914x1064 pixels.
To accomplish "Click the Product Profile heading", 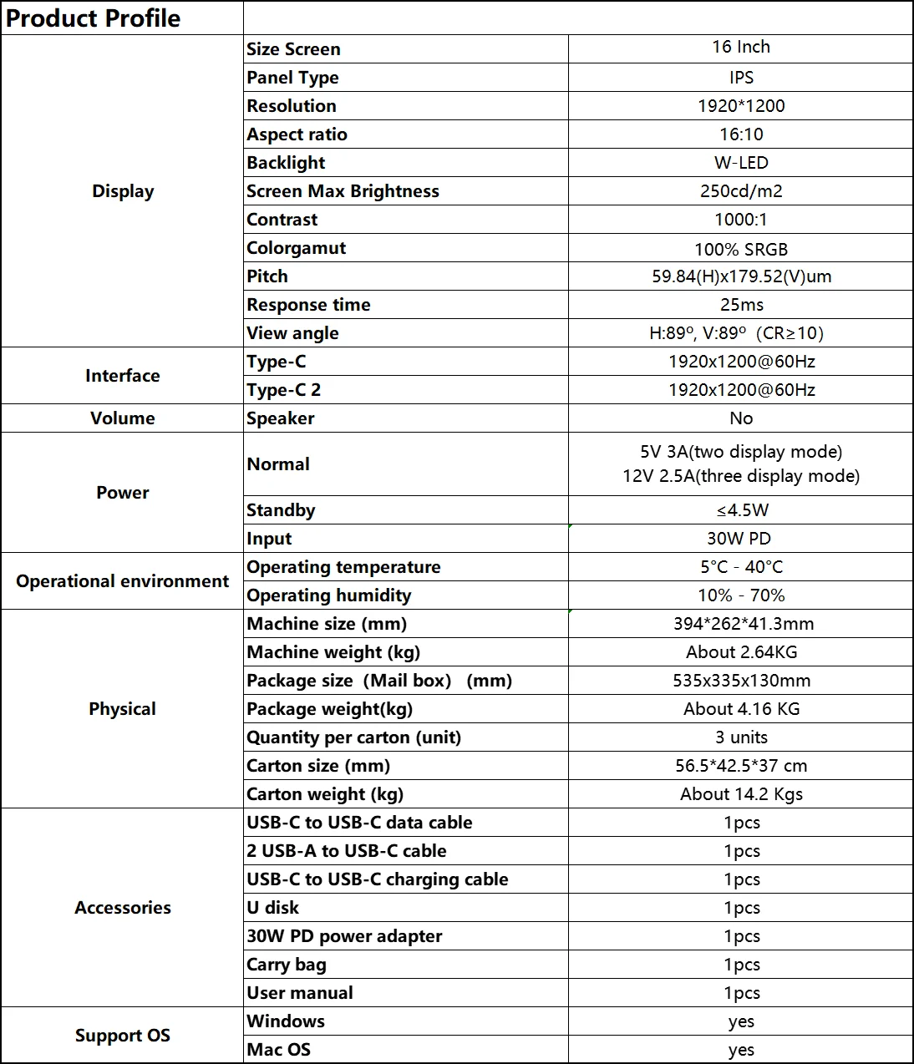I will pos(93,18).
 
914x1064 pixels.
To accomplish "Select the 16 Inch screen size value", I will pos(741,48).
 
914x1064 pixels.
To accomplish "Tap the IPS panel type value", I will pos(741,78).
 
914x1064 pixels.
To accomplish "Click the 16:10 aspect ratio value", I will pos(741,134).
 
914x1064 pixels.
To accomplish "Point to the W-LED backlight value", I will pos(741,163).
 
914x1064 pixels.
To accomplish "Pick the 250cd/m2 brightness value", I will pos(741,191).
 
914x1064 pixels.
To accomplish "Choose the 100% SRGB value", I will pos(741,249).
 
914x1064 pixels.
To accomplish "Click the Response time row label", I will pos(308,305).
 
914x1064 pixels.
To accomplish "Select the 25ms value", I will pos(741,305).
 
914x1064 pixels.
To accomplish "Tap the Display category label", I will pos(123,191).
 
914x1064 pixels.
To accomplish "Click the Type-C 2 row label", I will pos(283,390).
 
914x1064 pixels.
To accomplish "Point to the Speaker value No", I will pos(741,418).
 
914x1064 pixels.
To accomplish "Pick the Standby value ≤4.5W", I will pos(741,510).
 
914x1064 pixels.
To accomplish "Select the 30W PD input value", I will pos(739,539).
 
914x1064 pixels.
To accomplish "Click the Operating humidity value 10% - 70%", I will pos(741,595).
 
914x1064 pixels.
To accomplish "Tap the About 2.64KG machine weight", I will pos(741,652).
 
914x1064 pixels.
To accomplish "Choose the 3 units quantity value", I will pos(741,737).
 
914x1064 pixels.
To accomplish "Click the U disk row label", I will pos(272,908).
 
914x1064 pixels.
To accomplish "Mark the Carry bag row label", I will pos(287,965).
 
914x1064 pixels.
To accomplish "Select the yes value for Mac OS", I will pos(741,1050).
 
